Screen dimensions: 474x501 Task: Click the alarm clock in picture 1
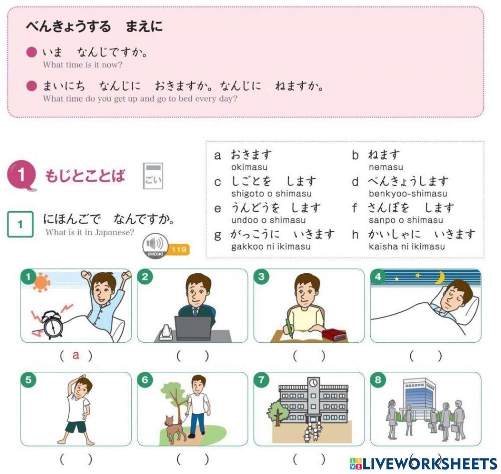[x=51, y=324]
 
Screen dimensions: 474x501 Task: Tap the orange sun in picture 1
[x=41, y=282]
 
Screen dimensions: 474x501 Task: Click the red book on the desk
[x=334, y=334]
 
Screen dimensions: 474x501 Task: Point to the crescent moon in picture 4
[x=440, y=277]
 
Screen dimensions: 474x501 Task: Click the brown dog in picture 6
[x=175, y=428]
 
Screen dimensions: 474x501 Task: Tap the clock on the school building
[x=314, y=383]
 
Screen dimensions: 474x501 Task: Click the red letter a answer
[x=76, y=355]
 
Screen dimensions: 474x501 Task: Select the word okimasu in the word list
[x=249, y=167]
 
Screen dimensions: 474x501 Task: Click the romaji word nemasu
[x=386, y=167]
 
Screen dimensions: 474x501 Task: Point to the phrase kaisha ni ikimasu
[x=406, y=246]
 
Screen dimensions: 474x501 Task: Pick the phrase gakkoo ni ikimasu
[x=271, y=246]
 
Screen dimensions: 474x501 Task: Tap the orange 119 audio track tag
[x=179, y=249]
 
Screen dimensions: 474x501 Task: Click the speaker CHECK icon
[x=155, y=245]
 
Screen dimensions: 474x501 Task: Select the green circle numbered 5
[x=28, y=380]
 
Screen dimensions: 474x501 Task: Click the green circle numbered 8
[x=378, y=380]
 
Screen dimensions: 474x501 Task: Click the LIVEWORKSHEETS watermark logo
[x=423, y=463]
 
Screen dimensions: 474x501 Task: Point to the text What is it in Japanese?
[x=90, y=232]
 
